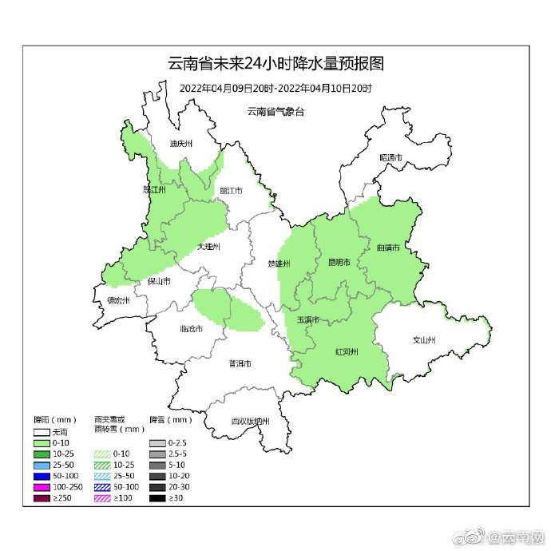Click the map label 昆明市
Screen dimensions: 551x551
tap(339, 262)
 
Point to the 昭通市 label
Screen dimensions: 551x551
tap(390, 158)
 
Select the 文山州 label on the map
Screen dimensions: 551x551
tap(423, 339)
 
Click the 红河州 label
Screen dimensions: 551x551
tap(346, 351)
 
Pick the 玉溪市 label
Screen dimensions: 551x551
tap(308, 319)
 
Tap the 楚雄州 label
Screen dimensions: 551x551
tap(279, 264)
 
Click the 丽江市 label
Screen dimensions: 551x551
tap(230, 191)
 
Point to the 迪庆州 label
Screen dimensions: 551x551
tap(181, 145)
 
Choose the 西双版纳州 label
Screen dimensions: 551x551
tap(250, 422)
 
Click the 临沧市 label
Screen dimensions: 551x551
tap(191, 329)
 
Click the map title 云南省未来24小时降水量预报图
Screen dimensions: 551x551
tap(275, 64)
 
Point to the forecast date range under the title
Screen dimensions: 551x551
tap(275, 87)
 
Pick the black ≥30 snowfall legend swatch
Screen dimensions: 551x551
tap(157, 498)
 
